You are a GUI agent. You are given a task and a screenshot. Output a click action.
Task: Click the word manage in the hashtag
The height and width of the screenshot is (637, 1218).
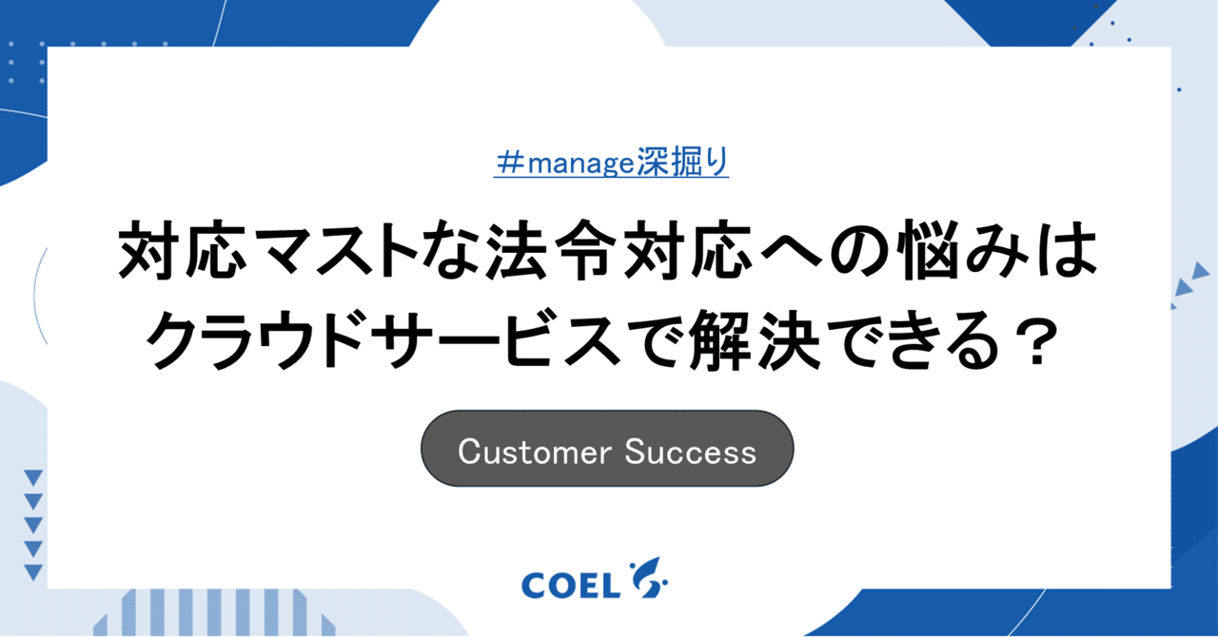(580, 164)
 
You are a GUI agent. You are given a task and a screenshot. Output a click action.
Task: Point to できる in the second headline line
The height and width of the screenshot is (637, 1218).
(918, 341)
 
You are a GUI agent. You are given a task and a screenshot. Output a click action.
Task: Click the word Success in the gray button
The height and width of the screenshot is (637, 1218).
(691, 452)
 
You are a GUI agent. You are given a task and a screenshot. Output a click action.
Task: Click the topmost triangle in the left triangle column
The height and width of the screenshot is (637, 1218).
(33, 477)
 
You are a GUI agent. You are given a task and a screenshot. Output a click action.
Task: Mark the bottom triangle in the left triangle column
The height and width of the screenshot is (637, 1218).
(33, 571)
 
